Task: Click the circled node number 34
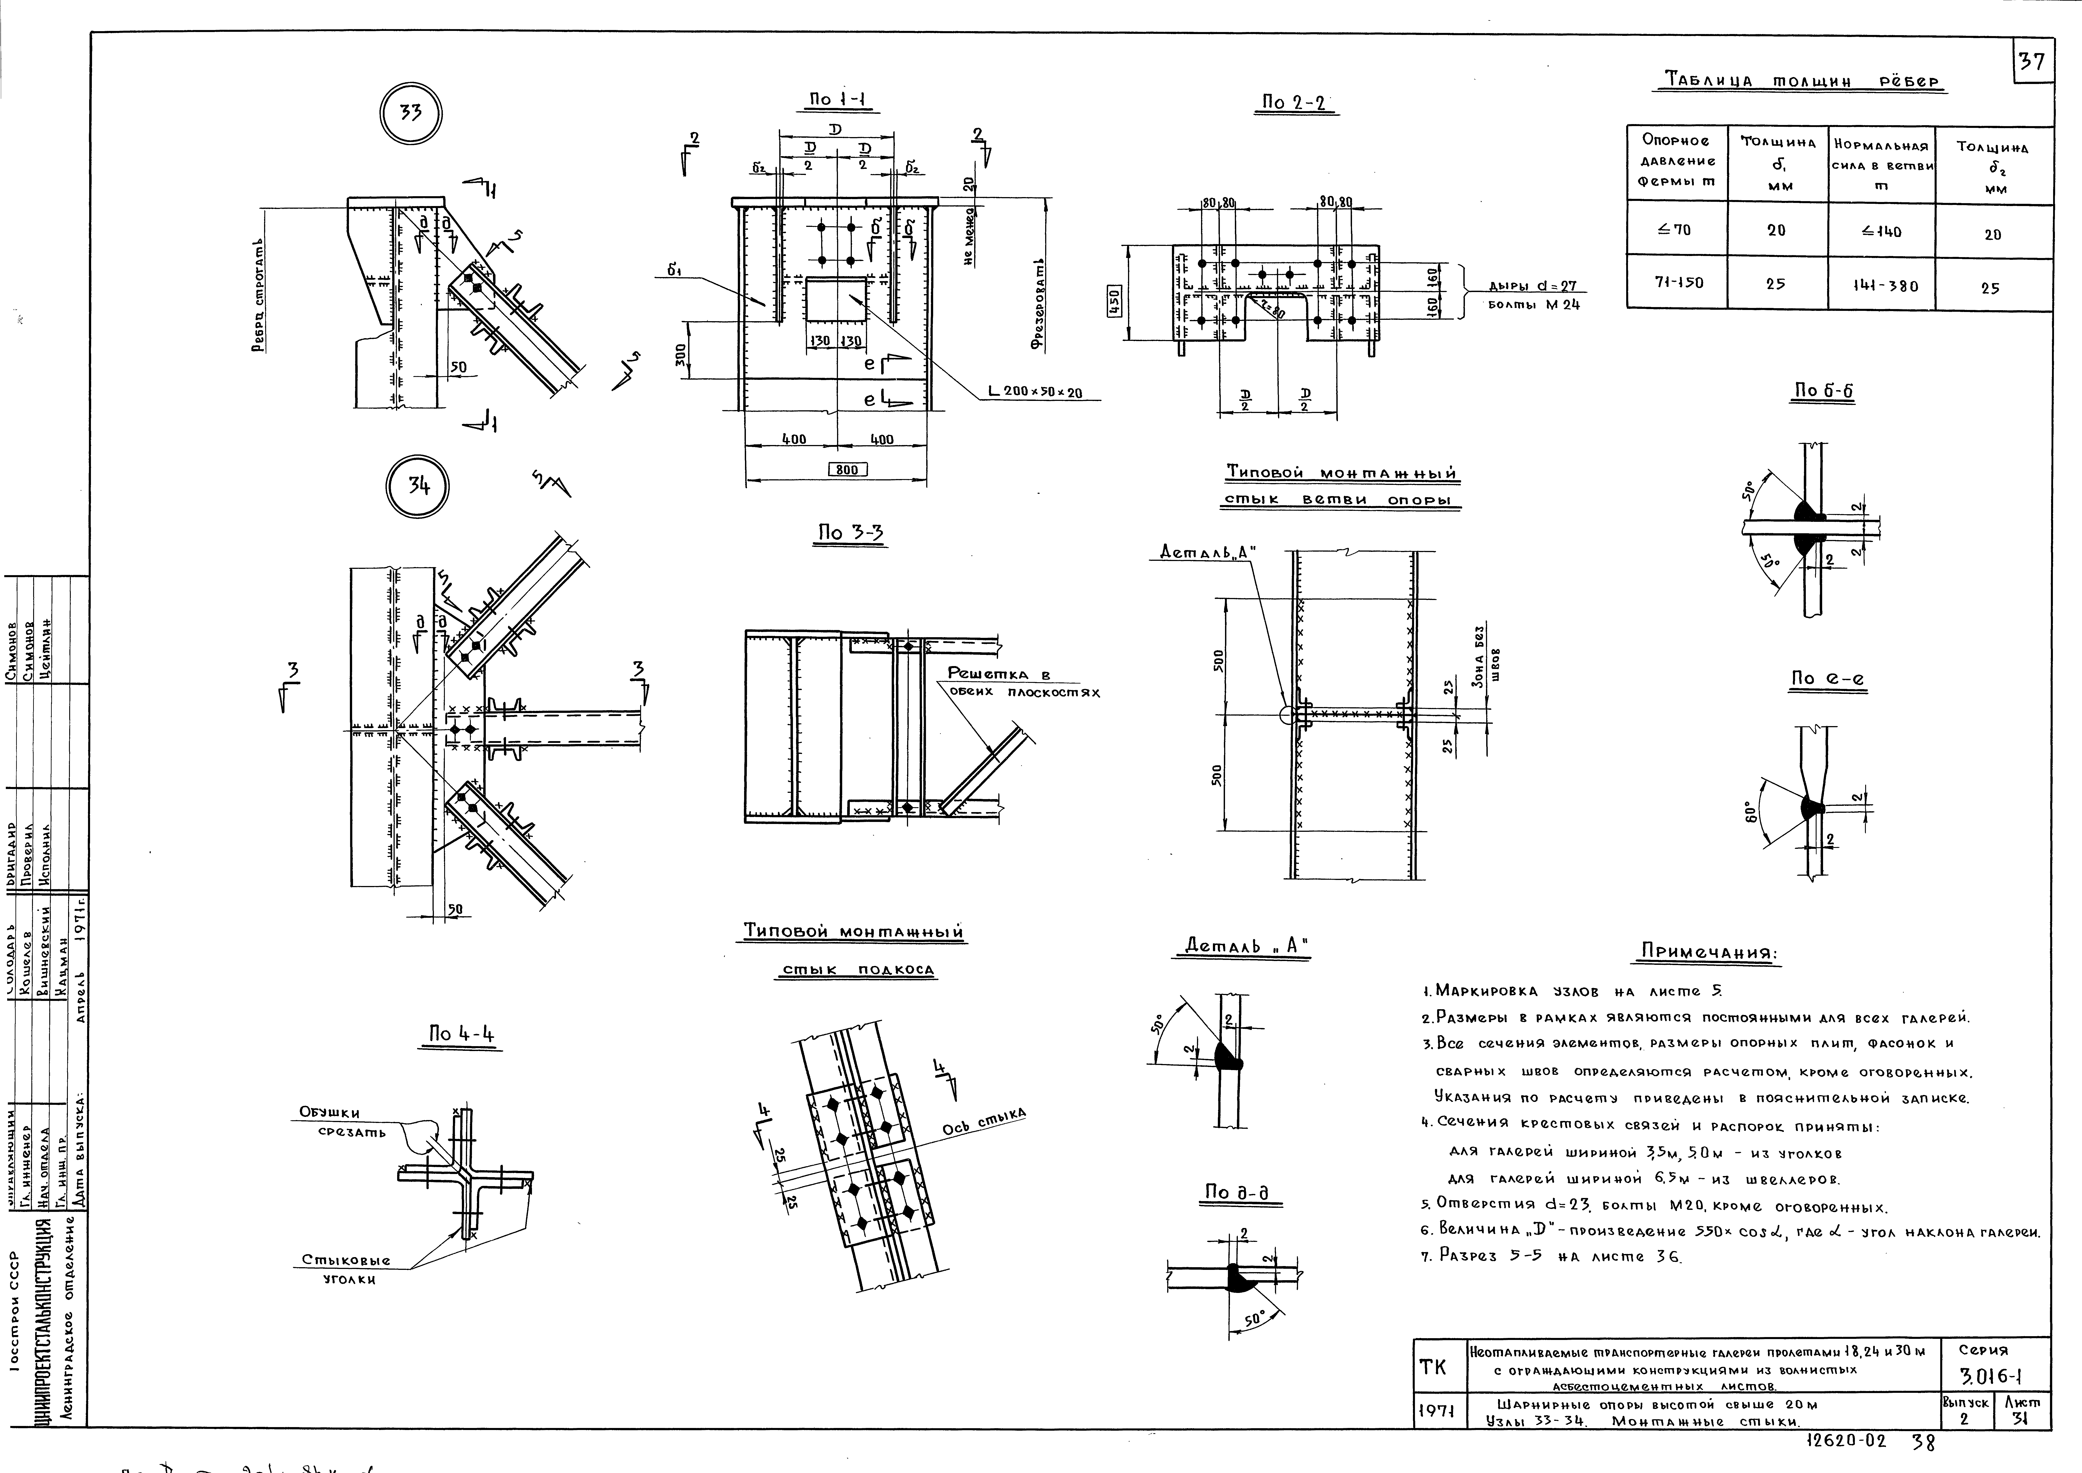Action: [418, 486]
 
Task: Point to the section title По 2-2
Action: [1293, 103]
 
